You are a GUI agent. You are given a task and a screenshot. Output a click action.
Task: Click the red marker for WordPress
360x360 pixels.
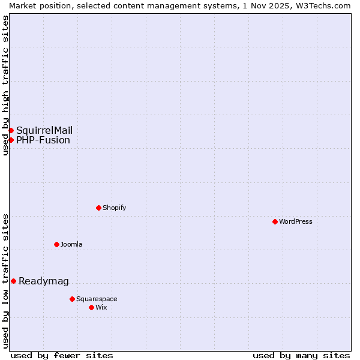coord(275,221)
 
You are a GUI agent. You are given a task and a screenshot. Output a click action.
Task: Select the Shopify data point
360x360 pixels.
coord(98,208)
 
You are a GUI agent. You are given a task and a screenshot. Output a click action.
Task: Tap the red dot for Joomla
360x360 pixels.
coord(56,244)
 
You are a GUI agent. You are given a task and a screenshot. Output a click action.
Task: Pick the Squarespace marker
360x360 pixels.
coord(72,299)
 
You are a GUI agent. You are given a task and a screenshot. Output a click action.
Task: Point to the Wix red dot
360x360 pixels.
coord(91,307)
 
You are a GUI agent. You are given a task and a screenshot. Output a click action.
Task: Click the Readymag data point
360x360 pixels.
coord(13,281)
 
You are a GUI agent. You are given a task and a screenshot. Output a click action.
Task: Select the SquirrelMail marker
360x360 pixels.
coord(11,130)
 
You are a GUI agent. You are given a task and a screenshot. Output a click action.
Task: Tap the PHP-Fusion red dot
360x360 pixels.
coord(11,140)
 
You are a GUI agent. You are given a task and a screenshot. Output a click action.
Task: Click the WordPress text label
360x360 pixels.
coord(296,221)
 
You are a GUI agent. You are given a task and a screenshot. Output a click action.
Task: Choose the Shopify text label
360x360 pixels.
coord(114,208)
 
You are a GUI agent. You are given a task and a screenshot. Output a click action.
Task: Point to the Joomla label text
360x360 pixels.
coord(71,244)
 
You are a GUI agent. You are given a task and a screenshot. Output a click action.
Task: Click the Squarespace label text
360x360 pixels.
coord(97,299)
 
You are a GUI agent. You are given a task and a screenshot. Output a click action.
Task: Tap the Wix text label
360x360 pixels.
coord(101,307)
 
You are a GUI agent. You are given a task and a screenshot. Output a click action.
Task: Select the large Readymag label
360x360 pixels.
coord(44,281)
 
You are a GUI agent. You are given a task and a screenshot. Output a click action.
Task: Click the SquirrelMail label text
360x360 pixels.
coord(44,131)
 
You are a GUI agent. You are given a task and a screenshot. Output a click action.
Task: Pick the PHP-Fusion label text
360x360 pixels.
coord(43,140)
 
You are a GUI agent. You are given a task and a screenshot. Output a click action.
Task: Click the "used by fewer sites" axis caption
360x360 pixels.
coord(62,355)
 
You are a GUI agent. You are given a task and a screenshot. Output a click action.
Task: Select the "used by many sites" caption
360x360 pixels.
coord(301,355)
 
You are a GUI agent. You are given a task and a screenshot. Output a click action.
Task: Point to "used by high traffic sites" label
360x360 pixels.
coord(5,85)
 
